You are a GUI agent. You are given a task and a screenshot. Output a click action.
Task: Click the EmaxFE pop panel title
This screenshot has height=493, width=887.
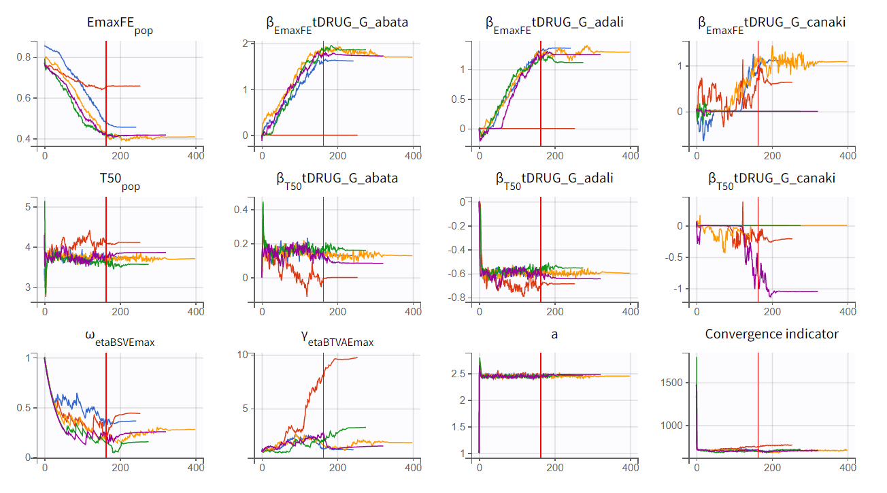coord(120,24)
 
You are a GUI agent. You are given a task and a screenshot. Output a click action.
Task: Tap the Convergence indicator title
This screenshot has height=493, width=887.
coord(771,334)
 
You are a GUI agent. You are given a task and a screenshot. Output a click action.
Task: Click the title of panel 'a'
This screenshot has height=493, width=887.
coord(555,334)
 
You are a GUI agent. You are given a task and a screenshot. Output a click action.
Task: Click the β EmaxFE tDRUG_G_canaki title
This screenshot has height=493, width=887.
coord(771,23)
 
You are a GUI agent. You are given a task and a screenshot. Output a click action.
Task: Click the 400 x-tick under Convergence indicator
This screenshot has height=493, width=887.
coord(848,468)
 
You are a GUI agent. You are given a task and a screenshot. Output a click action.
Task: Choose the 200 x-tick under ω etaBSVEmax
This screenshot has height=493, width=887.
coord(120,468)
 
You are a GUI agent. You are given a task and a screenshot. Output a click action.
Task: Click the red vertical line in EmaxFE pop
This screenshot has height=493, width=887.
coord(106,89)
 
